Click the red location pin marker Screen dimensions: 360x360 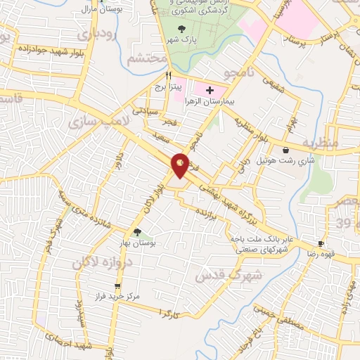pyautogui.click(x=181, y=165)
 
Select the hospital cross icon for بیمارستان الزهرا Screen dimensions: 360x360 pyautogui.click(x=209, y=91)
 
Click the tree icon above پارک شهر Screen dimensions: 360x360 pyautogui.click(x=182, y=29)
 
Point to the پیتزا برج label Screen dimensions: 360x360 pyautogui.click(x=169, y=87)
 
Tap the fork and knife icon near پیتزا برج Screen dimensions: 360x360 pyautogui.click(x=168, y=75)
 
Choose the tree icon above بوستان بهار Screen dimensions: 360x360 pyautogui.click(x=137, y=232)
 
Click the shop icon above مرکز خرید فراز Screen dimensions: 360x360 pyautogui.click(x=117, y=286)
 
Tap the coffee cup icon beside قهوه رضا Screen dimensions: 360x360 pyautogui.click(x=321, y=244)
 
